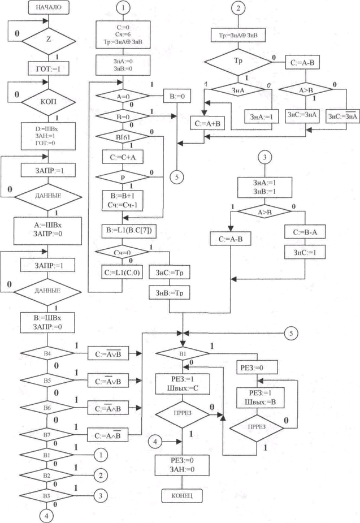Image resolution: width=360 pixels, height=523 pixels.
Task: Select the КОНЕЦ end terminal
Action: pos(183,496)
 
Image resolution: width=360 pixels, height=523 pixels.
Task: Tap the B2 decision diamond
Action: pos(47,475)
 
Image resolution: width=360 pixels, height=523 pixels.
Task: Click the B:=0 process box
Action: pos(179,97)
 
